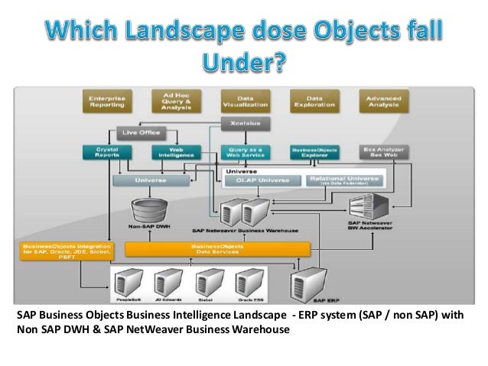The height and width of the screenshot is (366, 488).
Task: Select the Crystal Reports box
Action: click(106, 152)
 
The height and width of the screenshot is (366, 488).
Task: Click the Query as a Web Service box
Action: click(245, 152)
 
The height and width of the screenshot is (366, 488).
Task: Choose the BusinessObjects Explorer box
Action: click(314, 152)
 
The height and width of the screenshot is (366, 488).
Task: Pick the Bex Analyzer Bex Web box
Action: click(384, 152)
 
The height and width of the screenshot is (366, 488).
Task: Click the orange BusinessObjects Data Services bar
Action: click(216, 249)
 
